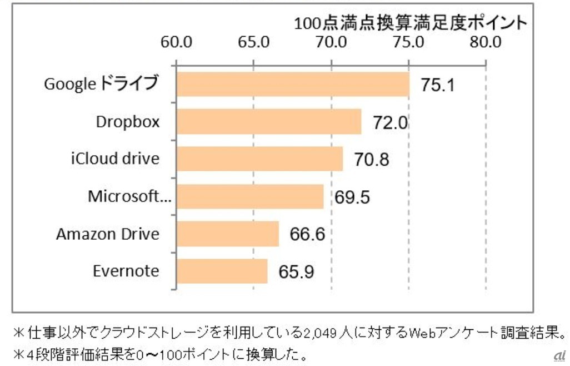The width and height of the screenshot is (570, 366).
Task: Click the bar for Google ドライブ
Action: point(293,84)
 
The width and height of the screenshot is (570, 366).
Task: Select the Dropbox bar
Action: point(269,122)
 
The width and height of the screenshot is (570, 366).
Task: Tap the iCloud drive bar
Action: point(259,159)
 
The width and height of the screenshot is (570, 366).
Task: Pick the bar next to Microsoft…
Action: point(250,196)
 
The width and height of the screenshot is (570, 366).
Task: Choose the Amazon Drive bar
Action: point(228,234)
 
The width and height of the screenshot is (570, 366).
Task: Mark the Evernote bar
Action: point(222,271)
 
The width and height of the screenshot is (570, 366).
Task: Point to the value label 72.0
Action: point(390,122)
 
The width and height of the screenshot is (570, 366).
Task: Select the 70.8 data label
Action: point(371,160)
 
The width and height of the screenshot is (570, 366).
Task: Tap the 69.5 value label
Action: point(352,197)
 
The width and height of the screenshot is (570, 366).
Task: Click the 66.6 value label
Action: point(307,234)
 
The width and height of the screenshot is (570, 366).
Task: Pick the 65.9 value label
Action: point(296,272)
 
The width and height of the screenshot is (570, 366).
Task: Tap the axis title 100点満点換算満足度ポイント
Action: point(410,23)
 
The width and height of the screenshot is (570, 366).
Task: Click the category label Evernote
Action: point(126,271)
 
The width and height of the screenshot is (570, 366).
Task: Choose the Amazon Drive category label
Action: point(108,234)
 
